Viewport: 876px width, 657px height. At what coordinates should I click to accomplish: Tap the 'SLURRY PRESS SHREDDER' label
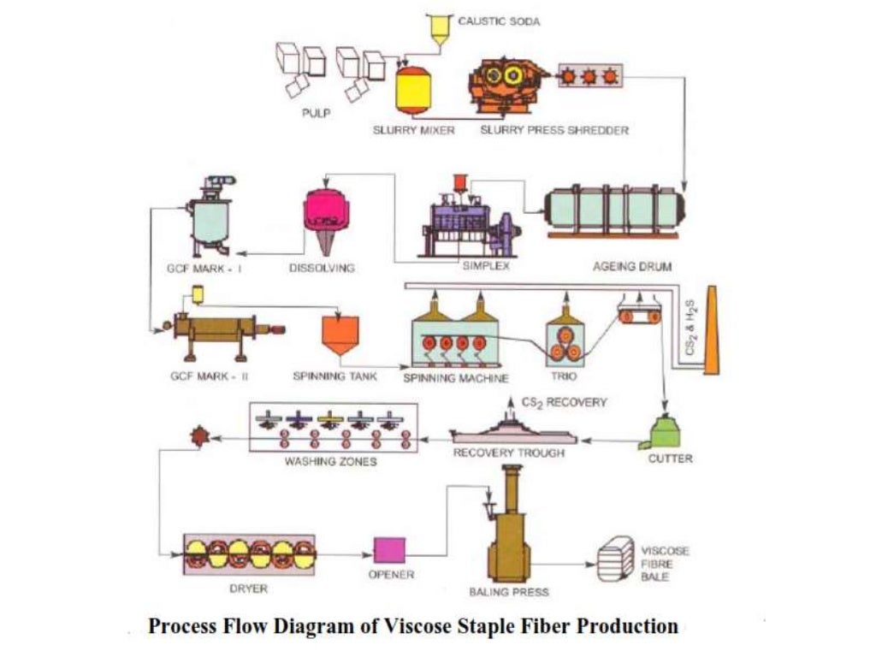(554, 131)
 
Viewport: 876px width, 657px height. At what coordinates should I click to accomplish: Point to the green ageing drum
(614, 214)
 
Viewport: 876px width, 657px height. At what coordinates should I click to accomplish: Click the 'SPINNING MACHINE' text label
(456, 377)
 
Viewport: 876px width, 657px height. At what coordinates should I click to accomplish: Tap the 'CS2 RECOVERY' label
(564, 401)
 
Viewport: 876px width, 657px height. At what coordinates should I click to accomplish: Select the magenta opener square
(389, 551)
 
